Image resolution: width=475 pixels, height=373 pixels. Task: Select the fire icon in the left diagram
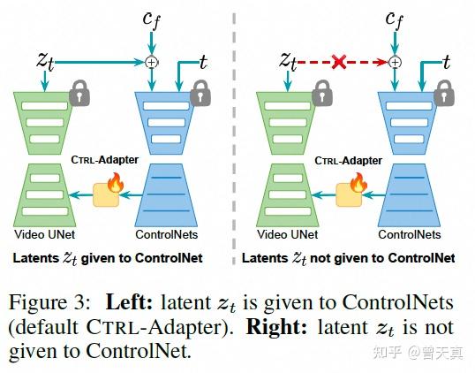point(114,184)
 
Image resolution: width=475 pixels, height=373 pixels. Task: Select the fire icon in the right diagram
point(357,184)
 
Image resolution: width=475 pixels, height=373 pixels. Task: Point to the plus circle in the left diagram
point(152,62)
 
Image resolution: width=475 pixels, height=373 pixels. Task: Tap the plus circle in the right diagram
point(395,62)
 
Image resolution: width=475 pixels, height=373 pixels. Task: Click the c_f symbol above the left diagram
point(152,19)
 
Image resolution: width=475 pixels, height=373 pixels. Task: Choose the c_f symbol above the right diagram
point(395,19)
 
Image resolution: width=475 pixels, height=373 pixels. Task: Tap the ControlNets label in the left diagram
point(165,235)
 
